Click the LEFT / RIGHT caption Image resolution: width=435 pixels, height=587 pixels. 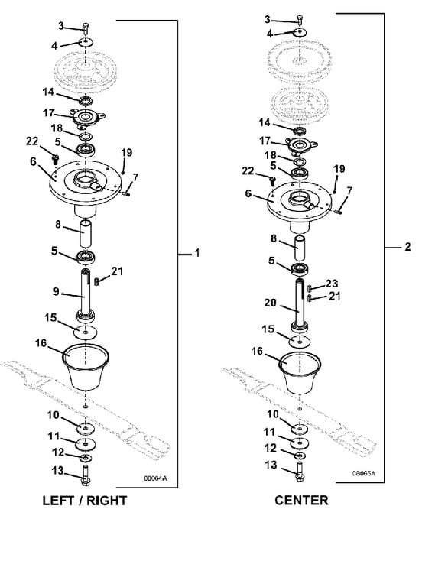coord(85,501)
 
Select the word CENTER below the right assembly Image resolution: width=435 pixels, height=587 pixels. coord(301,500)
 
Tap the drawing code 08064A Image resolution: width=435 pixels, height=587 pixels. coord(155,478)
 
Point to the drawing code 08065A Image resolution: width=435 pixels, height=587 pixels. coord(363,473)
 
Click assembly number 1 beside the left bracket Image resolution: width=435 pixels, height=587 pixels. coord(197,254)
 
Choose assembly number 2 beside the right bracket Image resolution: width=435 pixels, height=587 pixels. coord(407,247)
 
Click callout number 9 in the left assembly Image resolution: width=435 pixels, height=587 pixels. coord(56,291)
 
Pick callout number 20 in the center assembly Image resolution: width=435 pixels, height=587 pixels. coord(270,302)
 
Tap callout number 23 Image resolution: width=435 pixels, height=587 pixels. coord(332,284)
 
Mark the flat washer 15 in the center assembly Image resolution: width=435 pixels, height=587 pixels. coord(300,341)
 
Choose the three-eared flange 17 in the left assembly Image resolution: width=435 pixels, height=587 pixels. coord(87,118)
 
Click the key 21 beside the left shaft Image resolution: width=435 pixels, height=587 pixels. coord(96,281)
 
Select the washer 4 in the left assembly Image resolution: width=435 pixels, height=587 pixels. coord(86,42)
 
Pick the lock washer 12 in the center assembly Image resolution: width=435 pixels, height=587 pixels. coord(300,456)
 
